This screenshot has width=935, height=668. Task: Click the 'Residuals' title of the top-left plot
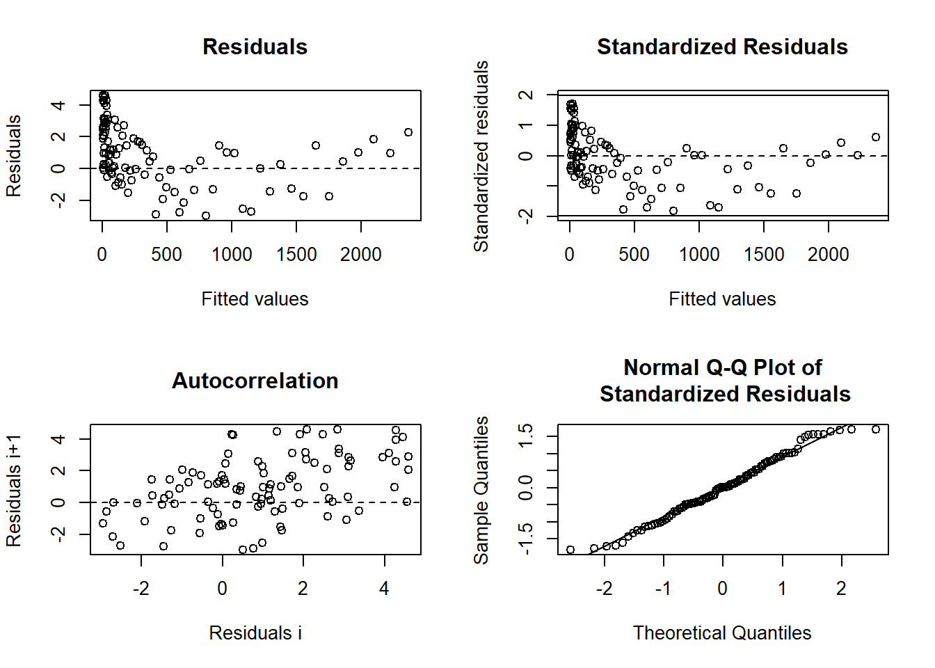(255, 47)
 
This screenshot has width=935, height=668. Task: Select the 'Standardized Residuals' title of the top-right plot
(722, 47)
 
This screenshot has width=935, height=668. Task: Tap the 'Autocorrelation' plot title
(255, 381)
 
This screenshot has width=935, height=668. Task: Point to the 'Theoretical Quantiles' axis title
(722, 633)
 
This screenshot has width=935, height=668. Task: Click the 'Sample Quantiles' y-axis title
(481, 490)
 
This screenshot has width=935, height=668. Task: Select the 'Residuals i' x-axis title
(255, 633)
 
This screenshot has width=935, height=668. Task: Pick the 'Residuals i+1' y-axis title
(14, 490)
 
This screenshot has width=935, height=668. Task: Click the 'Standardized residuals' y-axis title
(481, 156)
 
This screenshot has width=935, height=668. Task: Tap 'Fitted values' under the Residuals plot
(255, 299)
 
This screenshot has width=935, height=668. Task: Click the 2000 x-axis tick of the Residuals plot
(360, 255)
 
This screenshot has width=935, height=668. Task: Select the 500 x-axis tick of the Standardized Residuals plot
(634, 255)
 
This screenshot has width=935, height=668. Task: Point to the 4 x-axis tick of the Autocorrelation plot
(384, 589)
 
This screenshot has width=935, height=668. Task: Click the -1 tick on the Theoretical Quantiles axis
(663, 589)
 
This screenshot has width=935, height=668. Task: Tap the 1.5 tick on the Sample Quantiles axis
(526, 436)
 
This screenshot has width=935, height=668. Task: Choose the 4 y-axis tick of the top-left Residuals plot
(58, 105)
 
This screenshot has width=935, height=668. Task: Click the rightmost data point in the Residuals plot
(408, 132)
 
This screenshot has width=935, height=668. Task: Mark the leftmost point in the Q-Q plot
(570, 550)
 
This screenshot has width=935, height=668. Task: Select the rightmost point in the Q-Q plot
(876, 429)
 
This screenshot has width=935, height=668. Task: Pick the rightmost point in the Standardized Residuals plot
(876, 137)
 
